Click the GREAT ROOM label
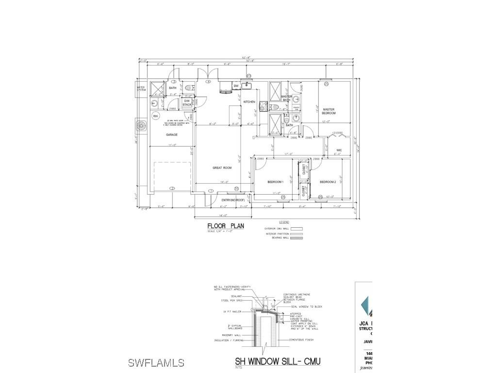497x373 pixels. (222, 168)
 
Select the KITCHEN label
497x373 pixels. (249, 102)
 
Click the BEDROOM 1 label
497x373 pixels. (275, 182)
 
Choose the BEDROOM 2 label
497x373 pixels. (328, 182)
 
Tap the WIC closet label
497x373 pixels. (339, 150)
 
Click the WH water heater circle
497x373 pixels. (156, 116)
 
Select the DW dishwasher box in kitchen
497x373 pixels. (236, 86)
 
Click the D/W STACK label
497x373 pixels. (187, 102)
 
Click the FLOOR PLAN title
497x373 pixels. (225, 226)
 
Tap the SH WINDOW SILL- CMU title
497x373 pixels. (278, 361)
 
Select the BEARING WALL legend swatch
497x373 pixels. (296, 238)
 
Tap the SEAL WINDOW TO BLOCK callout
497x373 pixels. (307, 307)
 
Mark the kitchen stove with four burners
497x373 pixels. (263, 105)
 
